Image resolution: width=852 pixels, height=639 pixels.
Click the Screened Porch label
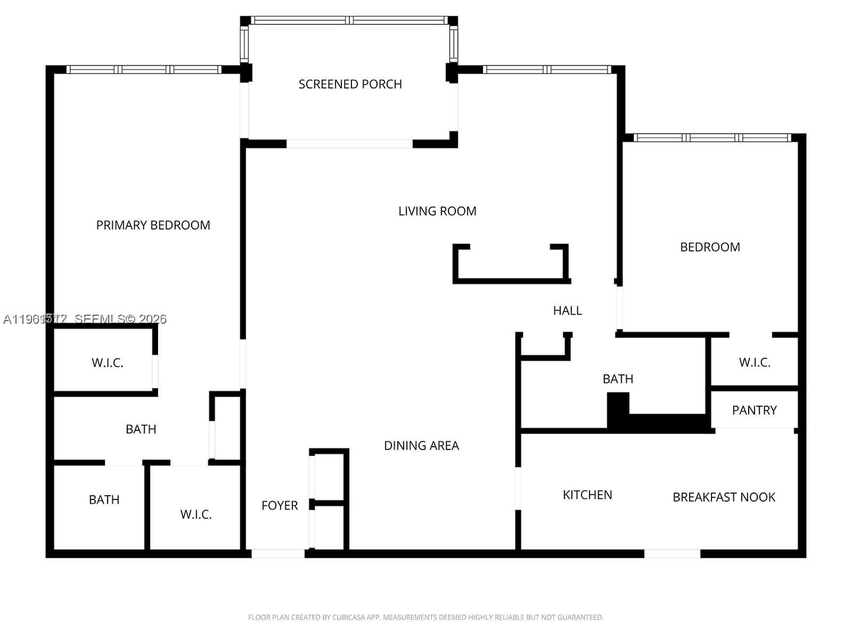coord(350,84)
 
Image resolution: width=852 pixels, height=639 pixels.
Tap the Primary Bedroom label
coord(153,225)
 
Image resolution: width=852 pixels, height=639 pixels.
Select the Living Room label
coord(437,211)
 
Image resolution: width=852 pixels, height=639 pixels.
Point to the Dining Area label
coord(421,446)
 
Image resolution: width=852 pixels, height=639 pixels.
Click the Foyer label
coord(280,505)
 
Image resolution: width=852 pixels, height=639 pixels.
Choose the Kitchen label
coord(587,495)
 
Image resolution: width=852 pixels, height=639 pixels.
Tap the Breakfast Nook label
coord(724,497)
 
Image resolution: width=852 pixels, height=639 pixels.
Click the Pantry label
coord(754,410)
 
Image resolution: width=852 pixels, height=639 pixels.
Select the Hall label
coord(567,310)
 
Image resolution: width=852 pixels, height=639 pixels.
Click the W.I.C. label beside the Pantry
coord(755,363)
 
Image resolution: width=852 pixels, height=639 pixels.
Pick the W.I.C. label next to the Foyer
coord(196,514)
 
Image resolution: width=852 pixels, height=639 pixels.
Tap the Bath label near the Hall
coord(618,379)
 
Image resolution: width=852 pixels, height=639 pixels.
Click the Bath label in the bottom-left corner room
coord(104,500)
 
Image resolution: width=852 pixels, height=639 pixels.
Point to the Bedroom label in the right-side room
coord(710,247)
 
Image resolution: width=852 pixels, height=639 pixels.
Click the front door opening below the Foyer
coord(277,554)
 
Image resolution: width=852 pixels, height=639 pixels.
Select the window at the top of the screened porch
coord(349,20)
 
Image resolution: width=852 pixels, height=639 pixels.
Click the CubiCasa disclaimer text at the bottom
coord(425,618)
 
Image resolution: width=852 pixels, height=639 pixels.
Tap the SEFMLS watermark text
coord(85,319)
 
